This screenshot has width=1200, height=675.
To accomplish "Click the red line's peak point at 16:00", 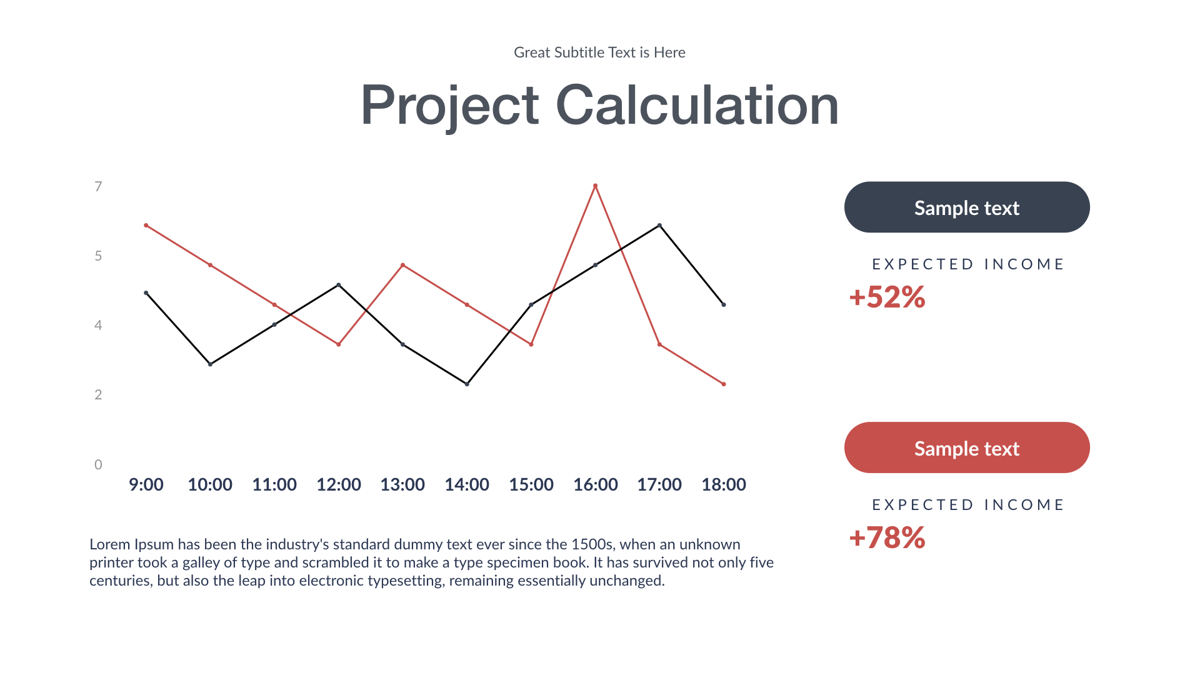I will click(x=595, y=186).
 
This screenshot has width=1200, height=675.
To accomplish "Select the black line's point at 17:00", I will click(x=659, y=226).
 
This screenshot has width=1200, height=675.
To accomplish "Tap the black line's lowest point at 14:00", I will click(x=467, y=384).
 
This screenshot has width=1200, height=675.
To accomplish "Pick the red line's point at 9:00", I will click(x=146, y=226).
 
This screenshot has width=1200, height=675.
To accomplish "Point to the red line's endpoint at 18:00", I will click(x=724, y=384).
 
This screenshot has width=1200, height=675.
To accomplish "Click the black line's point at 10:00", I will click(x=210, y=364).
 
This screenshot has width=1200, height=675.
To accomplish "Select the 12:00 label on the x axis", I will click(x=338, y=484).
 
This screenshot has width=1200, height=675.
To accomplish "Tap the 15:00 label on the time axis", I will click(x=531, y=484).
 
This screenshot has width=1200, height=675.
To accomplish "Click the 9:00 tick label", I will click(x=146, y=484).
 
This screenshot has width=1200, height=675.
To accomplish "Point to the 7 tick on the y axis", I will click(x=98, y=186).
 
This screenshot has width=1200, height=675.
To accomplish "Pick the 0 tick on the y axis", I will click(x=98, y=464).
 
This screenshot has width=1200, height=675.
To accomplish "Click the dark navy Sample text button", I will click(x=966, y=207).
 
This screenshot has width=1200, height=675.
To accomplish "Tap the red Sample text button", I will click(x=966, y=448).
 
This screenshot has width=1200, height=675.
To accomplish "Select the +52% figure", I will click(x=887, y=297).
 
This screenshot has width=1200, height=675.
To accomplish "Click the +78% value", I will click(x=887, y=537).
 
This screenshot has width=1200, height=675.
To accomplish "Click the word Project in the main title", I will click(x=449, y=105).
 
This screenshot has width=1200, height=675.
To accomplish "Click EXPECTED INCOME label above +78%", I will click(x=967, y=505).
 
